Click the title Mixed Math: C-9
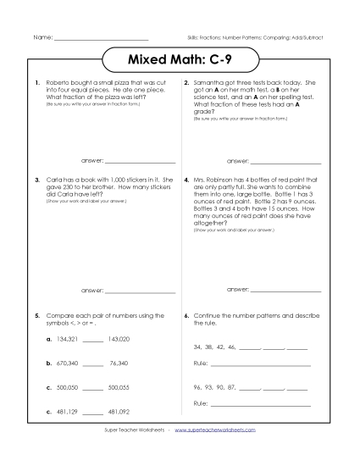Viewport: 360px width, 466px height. [180, 61]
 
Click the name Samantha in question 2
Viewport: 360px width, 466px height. [209, 83]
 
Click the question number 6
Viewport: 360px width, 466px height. [186, 315]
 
